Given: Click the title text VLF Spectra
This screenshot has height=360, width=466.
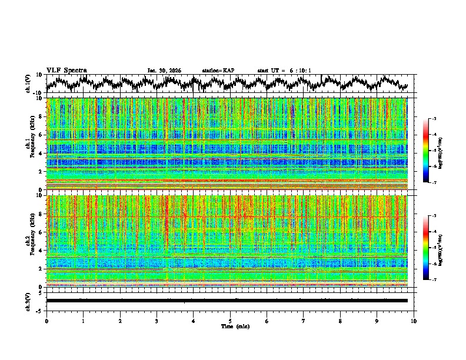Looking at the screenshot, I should [x=66, y=71].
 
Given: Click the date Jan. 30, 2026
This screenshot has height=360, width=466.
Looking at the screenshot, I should [x=164, y=71].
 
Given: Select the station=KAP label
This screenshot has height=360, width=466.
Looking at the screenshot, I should [x=218, y=71].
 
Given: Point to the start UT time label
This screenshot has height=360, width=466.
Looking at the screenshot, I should [x=284, y=71].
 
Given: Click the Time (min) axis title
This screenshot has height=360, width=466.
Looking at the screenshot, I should [x=230, y=326].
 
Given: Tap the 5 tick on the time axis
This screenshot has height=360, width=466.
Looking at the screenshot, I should [x=230, y=321].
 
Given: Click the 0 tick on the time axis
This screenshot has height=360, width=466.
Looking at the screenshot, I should [x=46, y=321].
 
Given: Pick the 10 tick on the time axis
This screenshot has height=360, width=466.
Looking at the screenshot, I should [x=414, y=321].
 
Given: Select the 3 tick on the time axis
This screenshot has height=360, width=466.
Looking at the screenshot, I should [x=157, y=321].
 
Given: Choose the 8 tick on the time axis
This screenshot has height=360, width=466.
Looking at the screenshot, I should [x=341, y=321].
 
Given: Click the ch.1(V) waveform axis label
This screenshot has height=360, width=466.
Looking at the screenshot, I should [x=29, y=84].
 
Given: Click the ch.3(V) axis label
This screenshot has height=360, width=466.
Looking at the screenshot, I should [x=29, y=301].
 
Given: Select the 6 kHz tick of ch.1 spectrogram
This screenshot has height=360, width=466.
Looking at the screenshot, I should [x=41, y=135].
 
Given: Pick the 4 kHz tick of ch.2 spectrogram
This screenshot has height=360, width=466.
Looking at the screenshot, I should [x=41, y=250].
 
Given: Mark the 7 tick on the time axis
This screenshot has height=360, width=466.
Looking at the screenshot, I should [x=304, y=321].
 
